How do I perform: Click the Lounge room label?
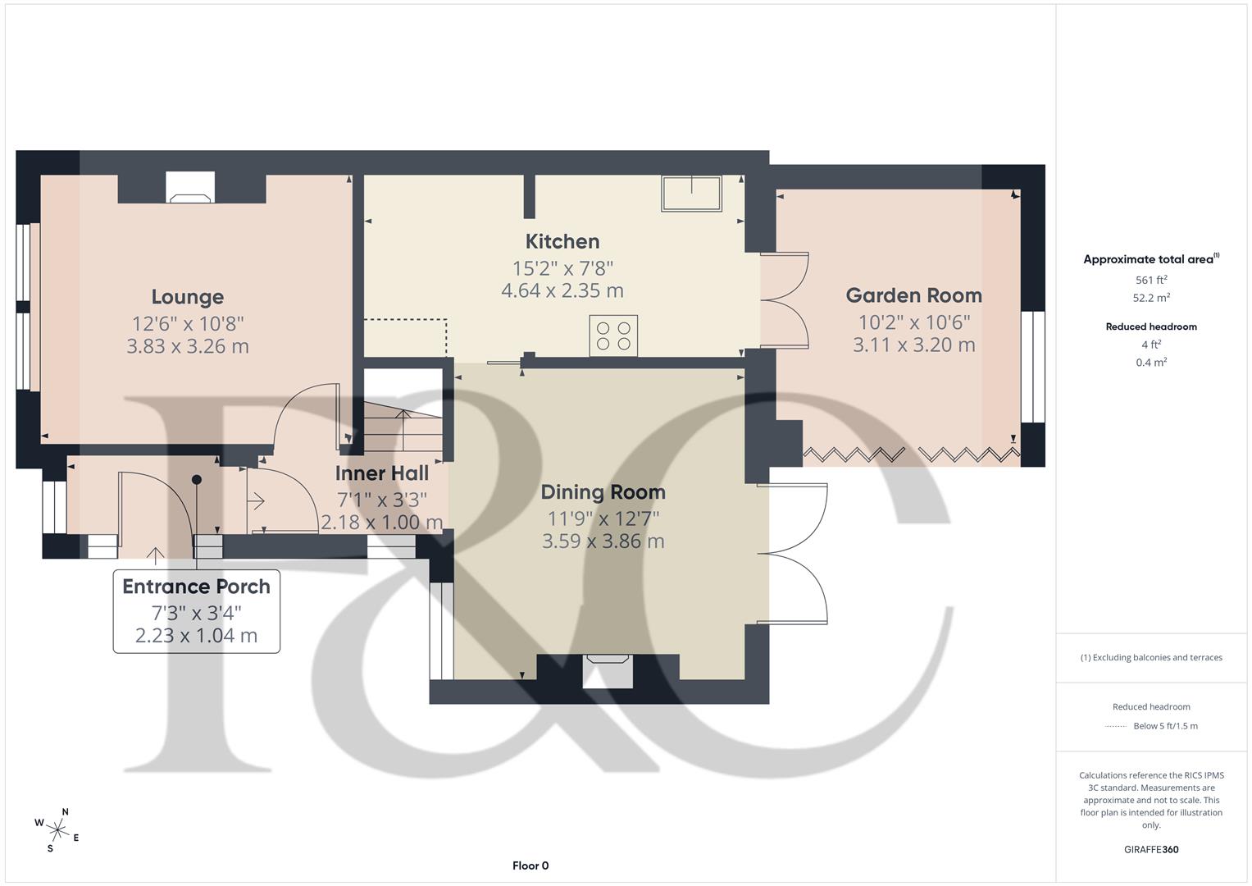(x=187, y=297)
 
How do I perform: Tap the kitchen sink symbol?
(x=691, y=194)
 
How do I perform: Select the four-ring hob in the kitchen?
(x=613, y=336)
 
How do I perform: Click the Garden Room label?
(x=913, y=295)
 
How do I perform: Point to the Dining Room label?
(x=603, y=492)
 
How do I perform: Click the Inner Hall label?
(x=381, y=473)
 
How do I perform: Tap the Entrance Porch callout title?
(x=196, y=587)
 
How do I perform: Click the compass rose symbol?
(x=57, y=829)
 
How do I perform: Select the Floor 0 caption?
(x=530, y=865)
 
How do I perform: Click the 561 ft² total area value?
(x=1151, y=280)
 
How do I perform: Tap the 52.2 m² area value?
(x=1151, y=298)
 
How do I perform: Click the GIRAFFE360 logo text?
(x=1151, y=849)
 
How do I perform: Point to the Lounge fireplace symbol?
(x=190, y=189)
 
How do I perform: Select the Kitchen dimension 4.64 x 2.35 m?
(x=562, y=290)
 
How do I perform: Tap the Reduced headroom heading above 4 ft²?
(x=1151, y=327)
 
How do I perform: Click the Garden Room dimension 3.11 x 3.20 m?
(x=913, y=345)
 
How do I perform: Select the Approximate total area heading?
(x=1150, y=259)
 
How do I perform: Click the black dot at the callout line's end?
(x=197, y=480)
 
